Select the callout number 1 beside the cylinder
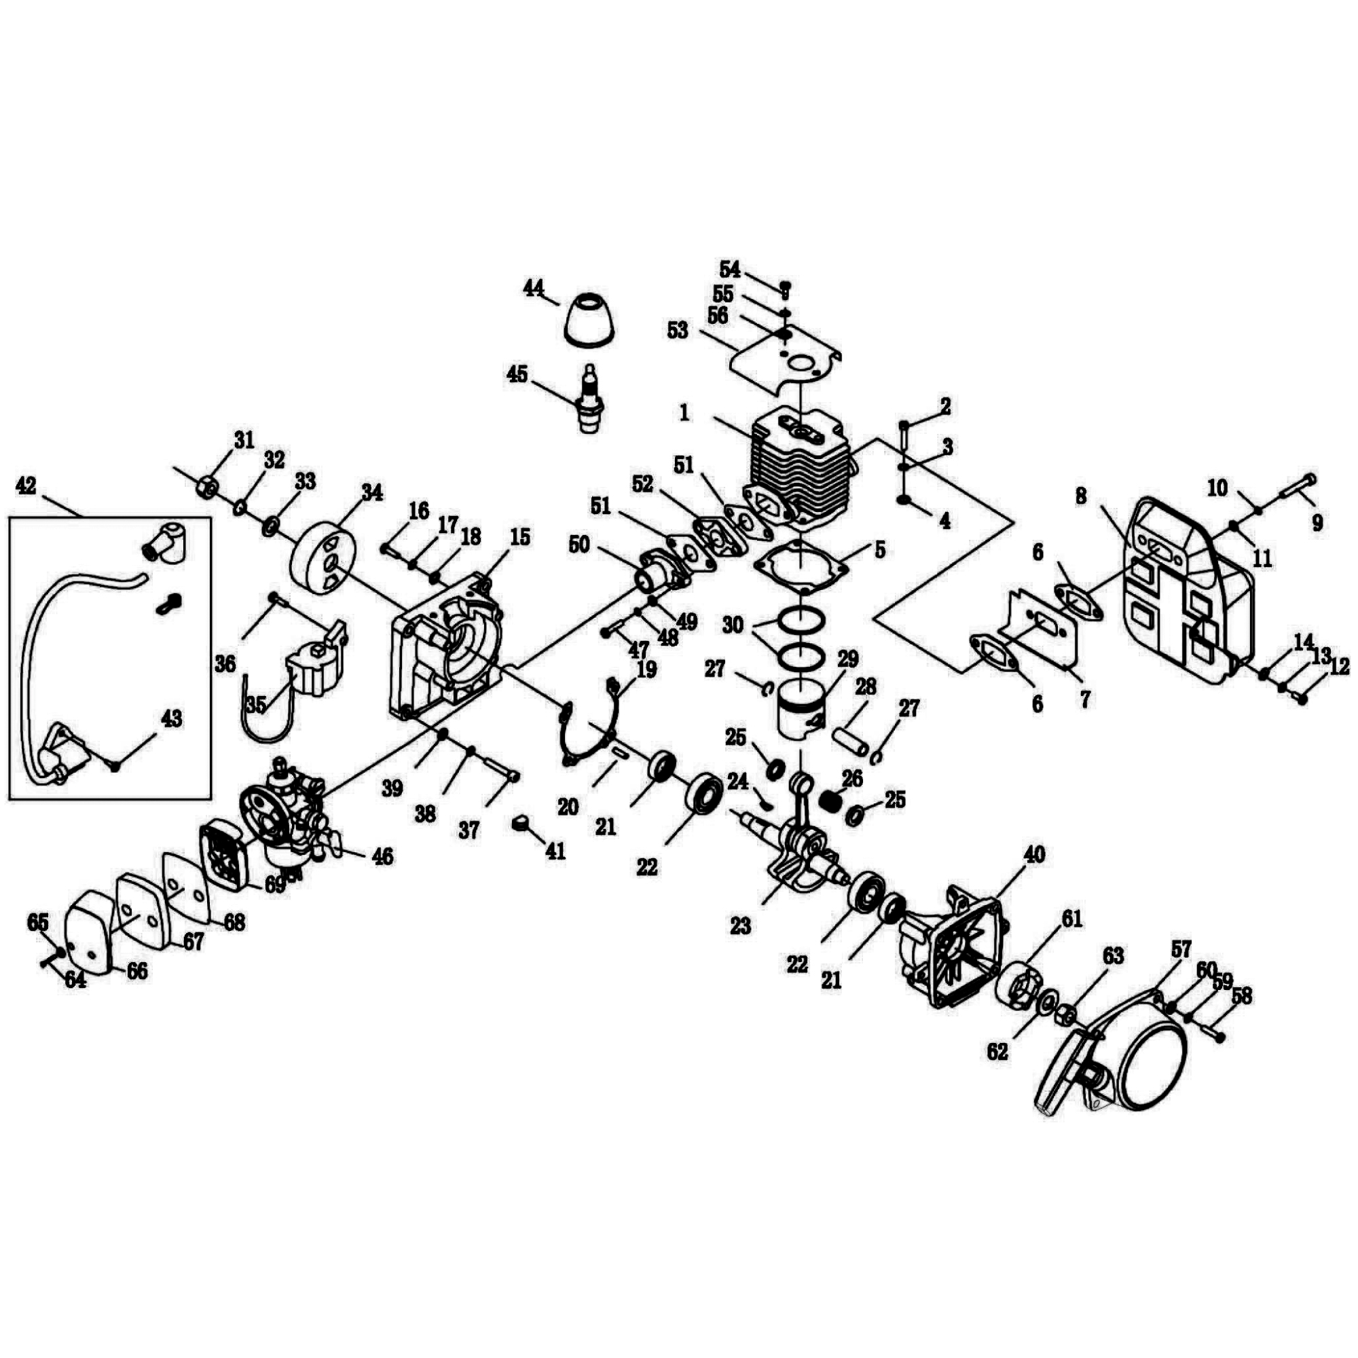(x=684, y=414)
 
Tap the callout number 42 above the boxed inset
(x=26, y=486)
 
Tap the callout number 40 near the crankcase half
(x=1034, y=856)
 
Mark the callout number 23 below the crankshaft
(x=741, y=926)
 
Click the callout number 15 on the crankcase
(x=519, y=538)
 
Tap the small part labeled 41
(x=521, y=822)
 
